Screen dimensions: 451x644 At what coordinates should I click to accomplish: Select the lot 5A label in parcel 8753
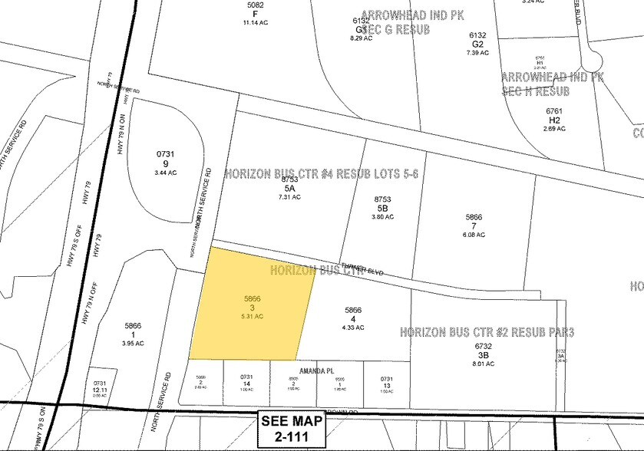tap(290, 186)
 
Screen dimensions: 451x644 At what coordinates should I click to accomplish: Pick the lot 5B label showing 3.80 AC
tap(381, 206)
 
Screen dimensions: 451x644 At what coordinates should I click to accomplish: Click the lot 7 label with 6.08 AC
tap(474, 225)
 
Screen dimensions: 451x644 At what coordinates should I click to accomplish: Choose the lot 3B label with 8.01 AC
tap(482, 355)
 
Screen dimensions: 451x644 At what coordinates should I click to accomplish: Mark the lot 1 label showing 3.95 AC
tap(135, 334)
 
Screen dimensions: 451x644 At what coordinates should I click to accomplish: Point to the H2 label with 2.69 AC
tap(554, 120)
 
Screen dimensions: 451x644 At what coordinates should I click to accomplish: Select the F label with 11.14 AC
tap(256, 13)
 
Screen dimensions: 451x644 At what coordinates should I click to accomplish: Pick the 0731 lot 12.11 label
tap(99, 388)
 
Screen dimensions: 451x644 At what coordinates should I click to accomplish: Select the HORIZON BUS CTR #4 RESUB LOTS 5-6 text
tap(322, 173)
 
